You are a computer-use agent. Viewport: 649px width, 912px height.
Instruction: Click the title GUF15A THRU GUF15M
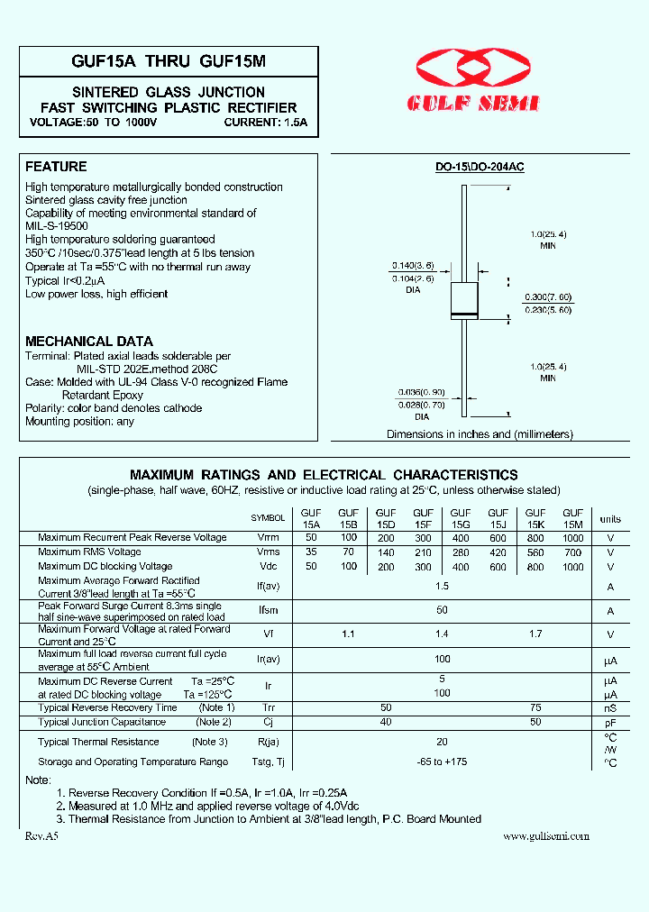pos(169,61)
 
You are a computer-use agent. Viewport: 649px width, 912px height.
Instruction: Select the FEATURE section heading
pos(56,167)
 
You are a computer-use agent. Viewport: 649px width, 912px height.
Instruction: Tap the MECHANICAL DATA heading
pos(89,342)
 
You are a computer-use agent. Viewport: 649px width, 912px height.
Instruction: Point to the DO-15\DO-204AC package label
pos(480,168)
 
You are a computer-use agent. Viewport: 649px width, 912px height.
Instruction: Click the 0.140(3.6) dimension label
pos(412,266)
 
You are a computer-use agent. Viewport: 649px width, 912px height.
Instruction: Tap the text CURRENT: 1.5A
pos(266,122)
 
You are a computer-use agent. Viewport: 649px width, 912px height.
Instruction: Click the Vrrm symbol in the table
pos(268,538)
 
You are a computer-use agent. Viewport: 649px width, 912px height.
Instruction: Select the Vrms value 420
pos(498,552)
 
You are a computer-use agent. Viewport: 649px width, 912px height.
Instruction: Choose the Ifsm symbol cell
pos(268,610)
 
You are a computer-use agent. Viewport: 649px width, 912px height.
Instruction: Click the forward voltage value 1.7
pos(535,634)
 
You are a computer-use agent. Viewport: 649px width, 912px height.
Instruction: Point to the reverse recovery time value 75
pos(535,708)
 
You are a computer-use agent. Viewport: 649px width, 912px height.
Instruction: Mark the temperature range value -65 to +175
pos(442,762)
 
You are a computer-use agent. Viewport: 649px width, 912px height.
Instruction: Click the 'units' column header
pos(610,519)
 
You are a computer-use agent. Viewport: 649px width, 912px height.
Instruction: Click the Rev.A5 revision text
pos(41,835)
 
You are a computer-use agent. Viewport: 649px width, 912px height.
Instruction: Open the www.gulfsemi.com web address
pos(546,835)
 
